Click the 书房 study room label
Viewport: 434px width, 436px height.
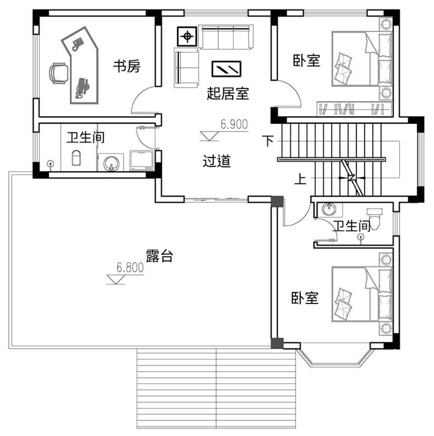tap(127, 66)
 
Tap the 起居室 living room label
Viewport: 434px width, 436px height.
tap(228, 94)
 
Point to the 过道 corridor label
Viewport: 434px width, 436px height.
tap(217, 161)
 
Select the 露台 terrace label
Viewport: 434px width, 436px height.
tap(159, 256)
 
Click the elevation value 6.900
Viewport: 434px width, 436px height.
tap(234, 124)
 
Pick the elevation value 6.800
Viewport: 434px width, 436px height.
tap(130, 268)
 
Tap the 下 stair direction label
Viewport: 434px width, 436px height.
tap(268, 141)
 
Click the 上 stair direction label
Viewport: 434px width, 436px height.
tap(300, 179)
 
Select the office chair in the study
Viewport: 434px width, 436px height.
tap(59, 73)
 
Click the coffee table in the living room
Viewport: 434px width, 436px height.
tap(226, 69)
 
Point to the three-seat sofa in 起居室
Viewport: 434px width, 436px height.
tap(226, 37)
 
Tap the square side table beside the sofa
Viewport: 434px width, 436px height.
tap(187, 36)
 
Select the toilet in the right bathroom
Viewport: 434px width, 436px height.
tap(375, 219)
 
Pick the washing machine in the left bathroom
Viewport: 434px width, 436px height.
tap(141, 160)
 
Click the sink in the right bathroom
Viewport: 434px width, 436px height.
tap(329, 209)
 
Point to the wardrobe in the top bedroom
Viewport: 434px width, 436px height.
tap(355, 108)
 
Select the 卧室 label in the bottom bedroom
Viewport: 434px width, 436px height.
tap(305, 298)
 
